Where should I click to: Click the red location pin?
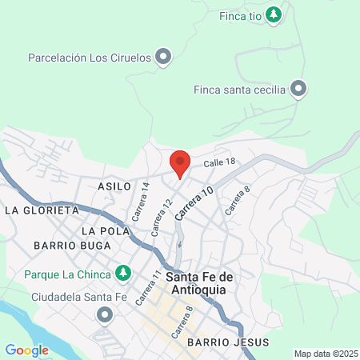coord(180,162)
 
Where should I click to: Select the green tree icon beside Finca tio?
coord(274,14)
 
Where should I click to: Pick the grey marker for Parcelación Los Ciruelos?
coord(163,57)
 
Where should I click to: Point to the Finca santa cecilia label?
coord(239,89)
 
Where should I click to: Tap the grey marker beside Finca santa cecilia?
coord(299,89)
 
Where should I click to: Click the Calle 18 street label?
coord(219,162)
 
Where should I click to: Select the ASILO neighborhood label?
coord(114,186)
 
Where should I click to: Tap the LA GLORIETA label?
coord(42,210)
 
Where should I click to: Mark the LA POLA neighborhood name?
coord(105,230)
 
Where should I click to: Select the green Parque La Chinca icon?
coord(122,274)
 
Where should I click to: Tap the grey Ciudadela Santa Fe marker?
coord(105,315)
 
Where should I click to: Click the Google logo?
coord(26,350)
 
